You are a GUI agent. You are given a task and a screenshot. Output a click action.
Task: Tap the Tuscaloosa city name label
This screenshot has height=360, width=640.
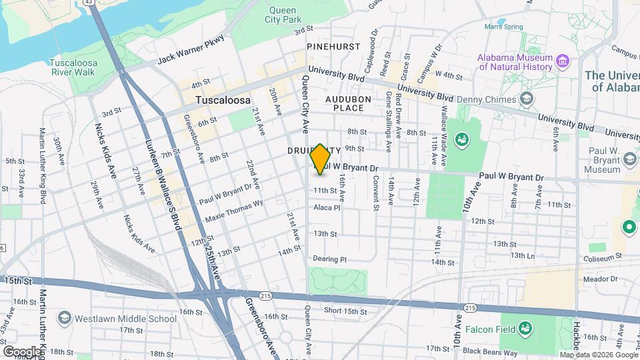pos(223,100)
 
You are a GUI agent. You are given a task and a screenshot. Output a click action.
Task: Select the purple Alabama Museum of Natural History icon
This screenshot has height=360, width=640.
pos(563,62)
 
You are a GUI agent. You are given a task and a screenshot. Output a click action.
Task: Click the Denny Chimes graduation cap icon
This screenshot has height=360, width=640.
pos(527,99)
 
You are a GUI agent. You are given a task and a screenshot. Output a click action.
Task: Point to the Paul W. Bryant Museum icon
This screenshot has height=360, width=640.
pos(629,159)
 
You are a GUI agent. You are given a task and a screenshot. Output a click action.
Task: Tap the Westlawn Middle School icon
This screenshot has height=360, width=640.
pos(65,317)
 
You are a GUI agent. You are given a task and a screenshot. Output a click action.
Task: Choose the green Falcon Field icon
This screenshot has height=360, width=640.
pos(526,327)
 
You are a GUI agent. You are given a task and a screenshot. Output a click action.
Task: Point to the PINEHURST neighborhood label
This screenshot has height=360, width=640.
pos(333,47)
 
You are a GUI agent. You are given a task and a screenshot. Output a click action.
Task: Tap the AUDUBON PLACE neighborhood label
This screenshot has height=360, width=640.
pos(344,103)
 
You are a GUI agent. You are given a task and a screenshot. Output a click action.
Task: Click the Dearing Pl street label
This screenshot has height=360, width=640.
pos(330,259)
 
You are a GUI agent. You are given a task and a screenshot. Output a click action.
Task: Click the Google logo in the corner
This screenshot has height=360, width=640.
pos(21,351)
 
